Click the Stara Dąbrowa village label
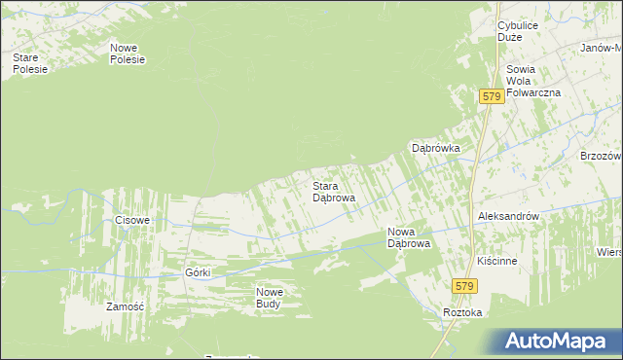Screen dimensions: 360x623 [x=333, y=191]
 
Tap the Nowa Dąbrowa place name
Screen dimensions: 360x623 [x=409, y=237]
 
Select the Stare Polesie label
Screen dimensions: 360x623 [x=29, y=63]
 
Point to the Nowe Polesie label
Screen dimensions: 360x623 [x=128, y=54]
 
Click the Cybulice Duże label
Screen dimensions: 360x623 [x=517, y=30]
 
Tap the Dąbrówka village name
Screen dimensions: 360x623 [x=435, y=148]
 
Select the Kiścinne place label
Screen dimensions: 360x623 [x=496, y=262]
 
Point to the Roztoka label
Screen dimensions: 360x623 [x=462, y=313]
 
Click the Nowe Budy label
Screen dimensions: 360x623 [x=270, y=298]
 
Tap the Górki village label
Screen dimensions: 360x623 [x=199, y=272]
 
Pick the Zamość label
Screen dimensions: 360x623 [x=125, y=306]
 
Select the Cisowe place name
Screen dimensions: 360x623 [x=132, y=220]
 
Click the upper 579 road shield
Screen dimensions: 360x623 [x=492, y=96]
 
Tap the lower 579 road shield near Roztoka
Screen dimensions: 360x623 [x=465, y=285]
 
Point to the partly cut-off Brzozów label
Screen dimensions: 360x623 [x=601, y=156]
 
